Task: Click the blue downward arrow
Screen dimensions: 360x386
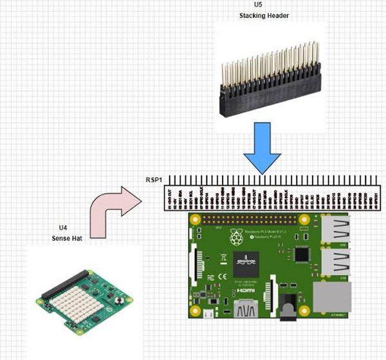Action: point(263,149)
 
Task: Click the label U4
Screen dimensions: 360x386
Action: point(62,227)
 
